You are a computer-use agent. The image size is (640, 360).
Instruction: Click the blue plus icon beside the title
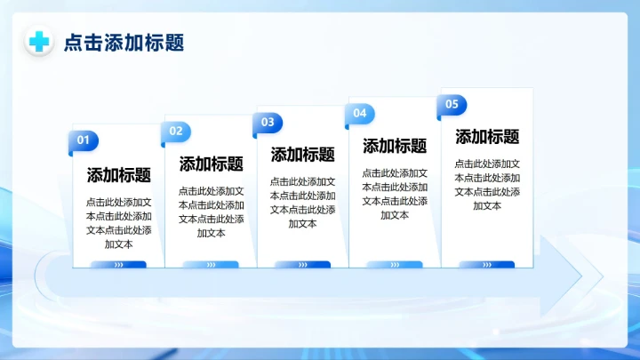[38, 42]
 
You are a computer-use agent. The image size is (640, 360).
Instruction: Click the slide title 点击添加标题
[124, 43]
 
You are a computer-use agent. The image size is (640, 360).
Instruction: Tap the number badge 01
[84, 140]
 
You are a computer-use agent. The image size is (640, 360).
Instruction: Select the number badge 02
[176, 132]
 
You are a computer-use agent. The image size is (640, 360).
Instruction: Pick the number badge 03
[268, 123]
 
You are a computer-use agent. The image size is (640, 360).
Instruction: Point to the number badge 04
[360, 114]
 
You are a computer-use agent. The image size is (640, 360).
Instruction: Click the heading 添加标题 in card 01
[119, 175]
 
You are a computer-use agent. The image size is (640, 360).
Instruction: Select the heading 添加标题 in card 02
[212, 164]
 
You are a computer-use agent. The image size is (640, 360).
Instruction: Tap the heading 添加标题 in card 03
[303, 155]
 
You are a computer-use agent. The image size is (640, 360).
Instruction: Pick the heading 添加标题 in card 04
[396, 146]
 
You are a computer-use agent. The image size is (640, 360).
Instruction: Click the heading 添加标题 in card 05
[488, 137]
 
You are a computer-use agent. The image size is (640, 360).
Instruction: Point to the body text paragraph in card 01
[119, 222]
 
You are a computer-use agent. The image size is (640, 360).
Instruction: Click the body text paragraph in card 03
[303, 203]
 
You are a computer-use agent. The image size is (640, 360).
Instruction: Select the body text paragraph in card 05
[488, 184]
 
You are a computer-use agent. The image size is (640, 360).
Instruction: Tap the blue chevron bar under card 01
[119, 264]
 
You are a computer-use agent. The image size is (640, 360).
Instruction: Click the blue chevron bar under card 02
[212, 264]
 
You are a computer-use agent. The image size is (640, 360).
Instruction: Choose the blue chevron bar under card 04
[396, 264]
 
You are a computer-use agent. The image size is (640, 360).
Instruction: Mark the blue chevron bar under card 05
[488, 264]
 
